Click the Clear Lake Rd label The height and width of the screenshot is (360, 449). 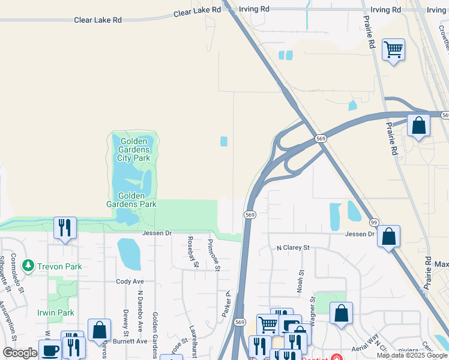point(98,20)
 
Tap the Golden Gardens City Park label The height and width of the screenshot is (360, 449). point(133,149)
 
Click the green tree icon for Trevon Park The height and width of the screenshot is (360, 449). point(27,265)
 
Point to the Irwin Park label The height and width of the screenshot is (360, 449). point(55,313)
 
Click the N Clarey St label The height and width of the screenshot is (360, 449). point(292,247)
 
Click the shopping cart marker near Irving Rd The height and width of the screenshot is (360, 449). point(393,50)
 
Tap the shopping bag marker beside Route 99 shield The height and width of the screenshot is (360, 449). point(389,236)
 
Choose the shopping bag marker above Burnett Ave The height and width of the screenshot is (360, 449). point(99,329)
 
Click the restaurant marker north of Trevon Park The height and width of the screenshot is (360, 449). point(65,227)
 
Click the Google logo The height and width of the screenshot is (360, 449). point(20,353)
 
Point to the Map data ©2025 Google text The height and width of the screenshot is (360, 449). point(412,355)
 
